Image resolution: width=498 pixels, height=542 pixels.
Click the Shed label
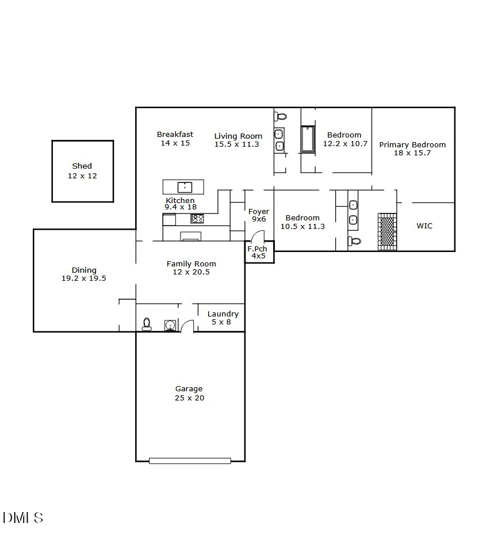pos(82,166)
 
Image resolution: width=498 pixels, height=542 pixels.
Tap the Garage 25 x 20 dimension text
pos(189,398)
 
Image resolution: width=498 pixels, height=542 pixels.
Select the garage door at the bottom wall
pos(190,460)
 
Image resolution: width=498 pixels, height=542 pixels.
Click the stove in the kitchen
pos(197,219)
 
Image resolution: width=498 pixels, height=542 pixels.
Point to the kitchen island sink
pos(184,186)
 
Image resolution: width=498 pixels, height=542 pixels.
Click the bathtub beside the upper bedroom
pos(308,139)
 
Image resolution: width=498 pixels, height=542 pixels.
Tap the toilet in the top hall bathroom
pos(281,116)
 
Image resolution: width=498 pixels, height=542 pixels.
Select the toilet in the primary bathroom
pos(355,241)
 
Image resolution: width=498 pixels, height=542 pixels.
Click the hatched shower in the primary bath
pos(388,231)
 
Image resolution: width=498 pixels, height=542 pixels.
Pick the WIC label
pos(424,226)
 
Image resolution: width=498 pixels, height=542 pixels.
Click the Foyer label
pos(259,212)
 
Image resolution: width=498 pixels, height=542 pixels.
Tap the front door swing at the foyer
pos(258,236)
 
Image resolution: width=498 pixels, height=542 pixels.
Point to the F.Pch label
pos(256,249)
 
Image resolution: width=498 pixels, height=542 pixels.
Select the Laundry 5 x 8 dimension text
pos(223,322)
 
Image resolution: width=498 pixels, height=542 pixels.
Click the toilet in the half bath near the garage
pos(147,324)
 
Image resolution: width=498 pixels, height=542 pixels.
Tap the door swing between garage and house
pos(187,326)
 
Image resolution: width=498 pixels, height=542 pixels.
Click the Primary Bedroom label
pos(412,145)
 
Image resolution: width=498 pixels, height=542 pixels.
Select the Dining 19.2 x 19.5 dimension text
pos(84,278)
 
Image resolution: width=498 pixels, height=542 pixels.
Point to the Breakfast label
pos(175,135)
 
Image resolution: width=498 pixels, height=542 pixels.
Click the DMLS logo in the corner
pos(23,517)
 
